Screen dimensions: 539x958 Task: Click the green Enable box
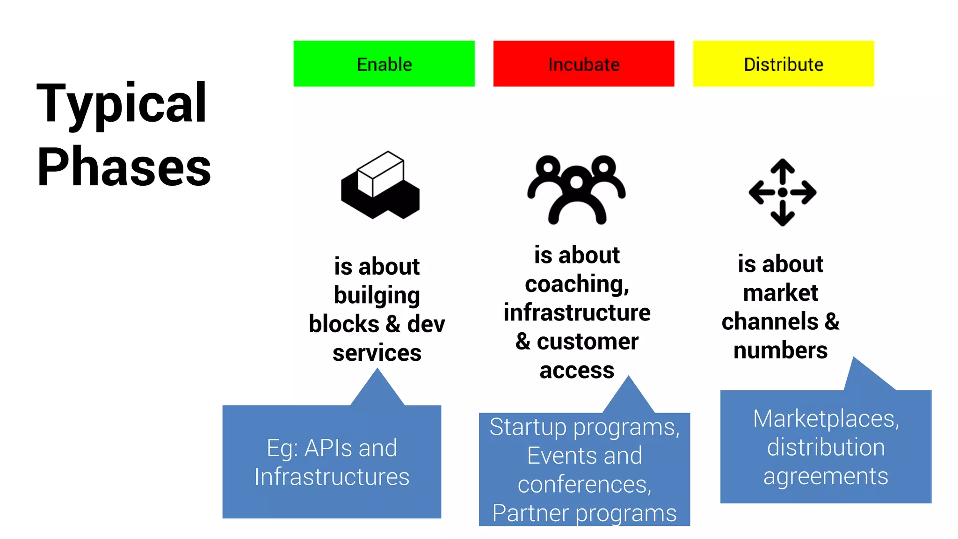click(384, 64)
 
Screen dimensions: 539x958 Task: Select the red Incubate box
click(583, 64)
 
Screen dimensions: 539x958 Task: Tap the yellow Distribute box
click(783, 64)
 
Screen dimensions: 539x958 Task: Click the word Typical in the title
click(122, 104)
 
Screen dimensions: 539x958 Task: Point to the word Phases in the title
click(124, 167)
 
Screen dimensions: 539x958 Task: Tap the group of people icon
click(576, 189)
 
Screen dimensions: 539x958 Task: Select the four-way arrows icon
click(783, 192)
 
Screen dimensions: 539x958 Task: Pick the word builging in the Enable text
click(377, 296)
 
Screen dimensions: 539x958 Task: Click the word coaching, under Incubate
click(577, 284)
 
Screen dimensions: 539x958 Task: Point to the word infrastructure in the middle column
click(577, 313)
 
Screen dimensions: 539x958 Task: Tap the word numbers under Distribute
click(780, 350)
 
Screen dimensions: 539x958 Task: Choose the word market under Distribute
click(780, 293)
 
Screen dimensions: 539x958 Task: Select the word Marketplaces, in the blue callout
click(826, 418)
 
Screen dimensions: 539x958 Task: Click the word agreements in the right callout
click(826, 476)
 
